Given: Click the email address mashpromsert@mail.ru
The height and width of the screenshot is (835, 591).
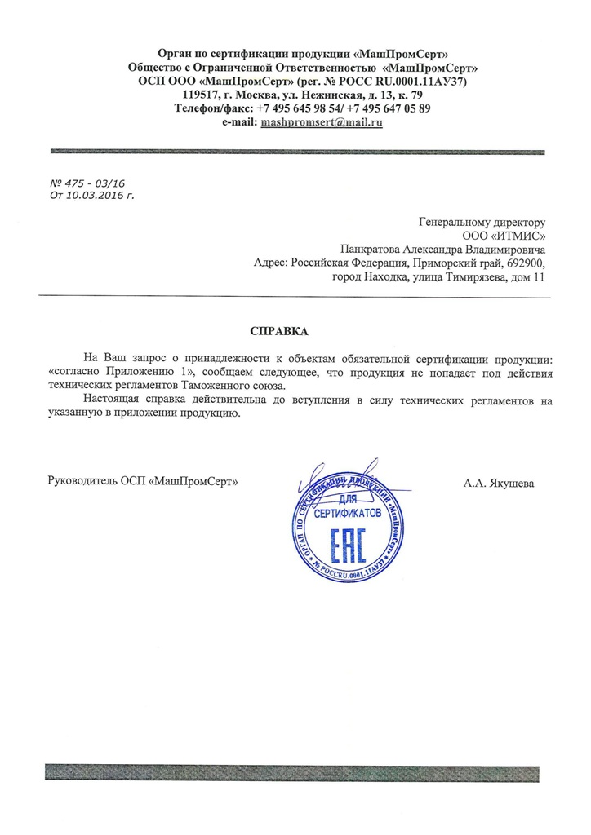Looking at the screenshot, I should click(x=321, y=122).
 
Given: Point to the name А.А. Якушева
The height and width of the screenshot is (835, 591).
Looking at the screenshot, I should click(x=499, y=484).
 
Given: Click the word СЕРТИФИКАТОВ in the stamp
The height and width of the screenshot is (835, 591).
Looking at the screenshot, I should click(x=348, y=514).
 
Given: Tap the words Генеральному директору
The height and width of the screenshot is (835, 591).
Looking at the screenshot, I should click(x=481, y=221).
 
